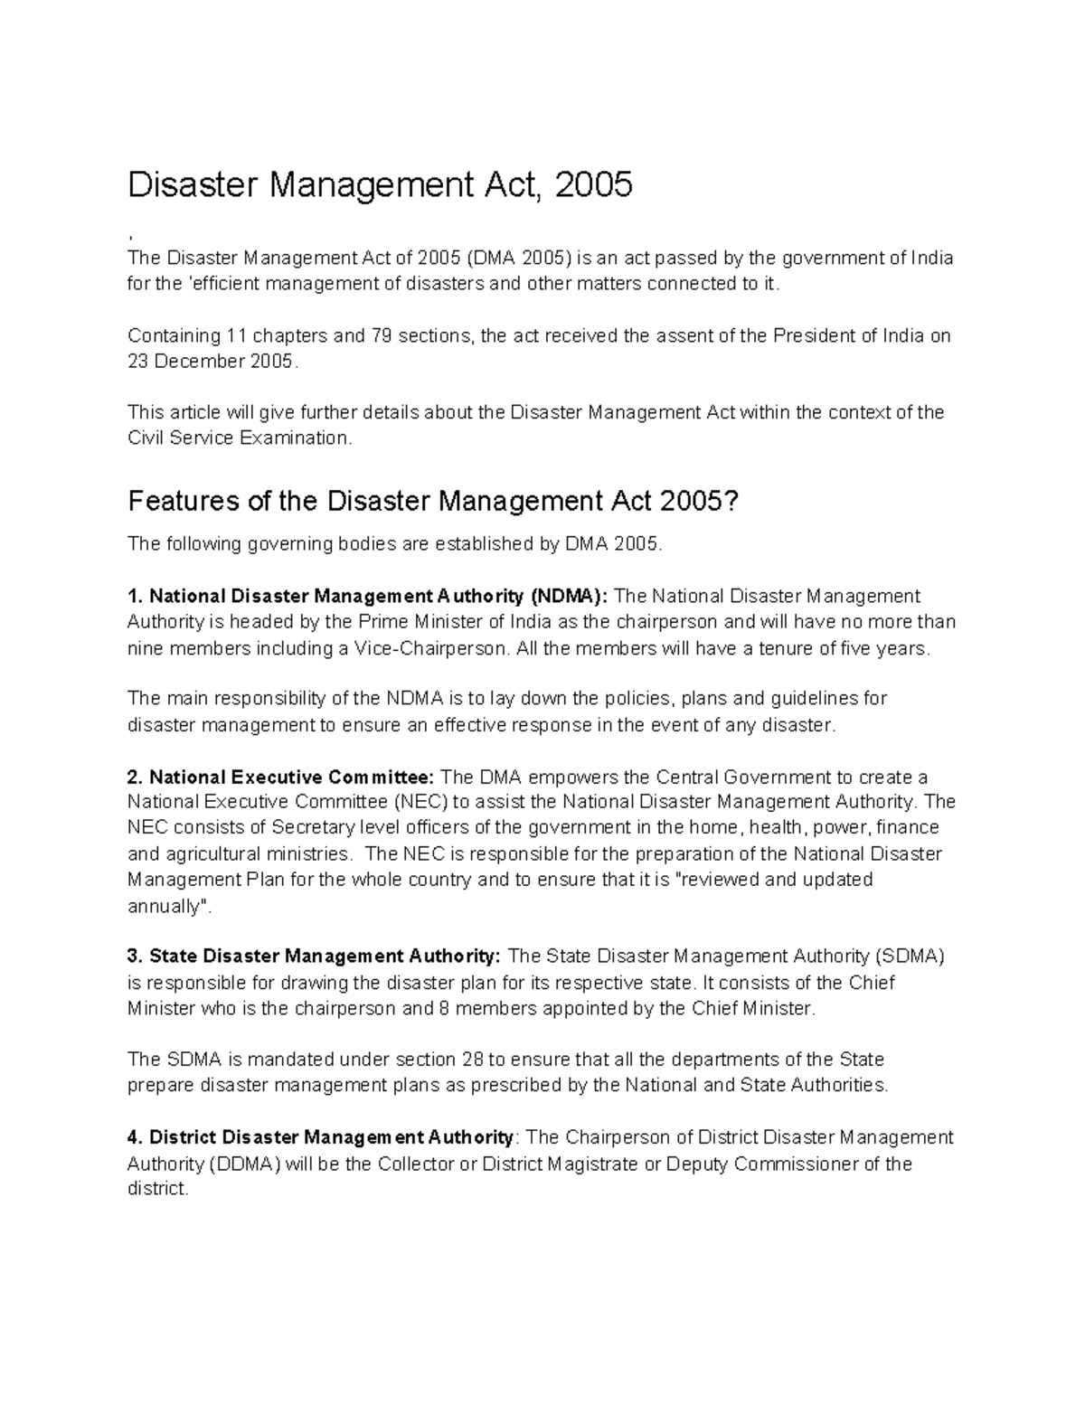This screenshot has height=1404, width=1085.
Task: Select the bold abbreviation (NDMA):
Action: pos(570,597)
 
